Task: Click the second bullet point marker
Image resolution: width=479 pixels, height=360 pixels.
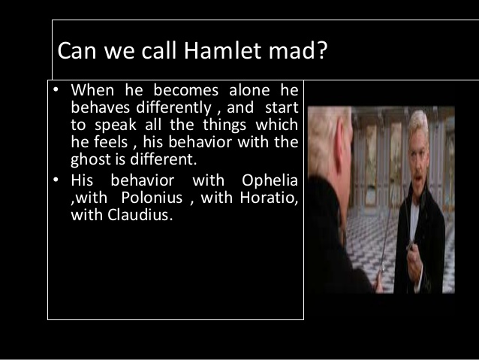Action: (56, 180)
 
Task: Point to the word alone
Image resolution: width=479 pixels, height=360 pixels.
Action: (239, 93)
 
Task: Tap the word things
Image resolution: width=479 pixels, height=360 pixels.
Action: (223, 126)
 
